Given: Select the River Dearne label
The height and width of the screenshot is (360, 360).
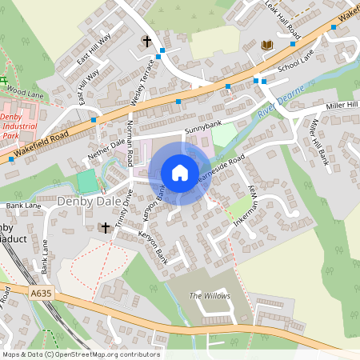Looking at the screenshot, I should click(x=281, y=104).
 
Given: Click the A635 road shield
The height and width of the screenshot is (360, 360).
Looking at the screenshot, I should click(x=42, y=294).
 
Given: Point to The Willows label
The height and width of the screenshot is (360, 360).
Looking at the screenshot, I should click(x=209, y=296).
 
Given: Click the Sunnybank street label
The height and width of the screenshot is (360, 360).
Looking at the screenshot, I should click(x=202, y=126).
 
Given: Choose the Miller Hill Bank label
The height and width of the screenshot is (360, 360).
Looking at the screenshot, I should click(x=318, y=142).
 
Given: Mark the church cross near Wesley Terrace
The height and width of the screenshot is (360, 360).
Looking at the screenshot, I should click(x=146, y=40).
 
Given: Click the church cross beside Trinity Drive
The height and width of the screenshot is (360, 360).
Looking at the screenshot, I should click(x=104, y=228).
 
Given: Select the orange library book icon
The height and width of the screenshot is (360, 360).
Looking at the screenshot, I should click(x=266, y=46).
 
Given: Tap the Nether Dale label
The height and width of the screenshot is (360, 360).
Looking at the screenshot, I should click(x=107, y=147).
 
